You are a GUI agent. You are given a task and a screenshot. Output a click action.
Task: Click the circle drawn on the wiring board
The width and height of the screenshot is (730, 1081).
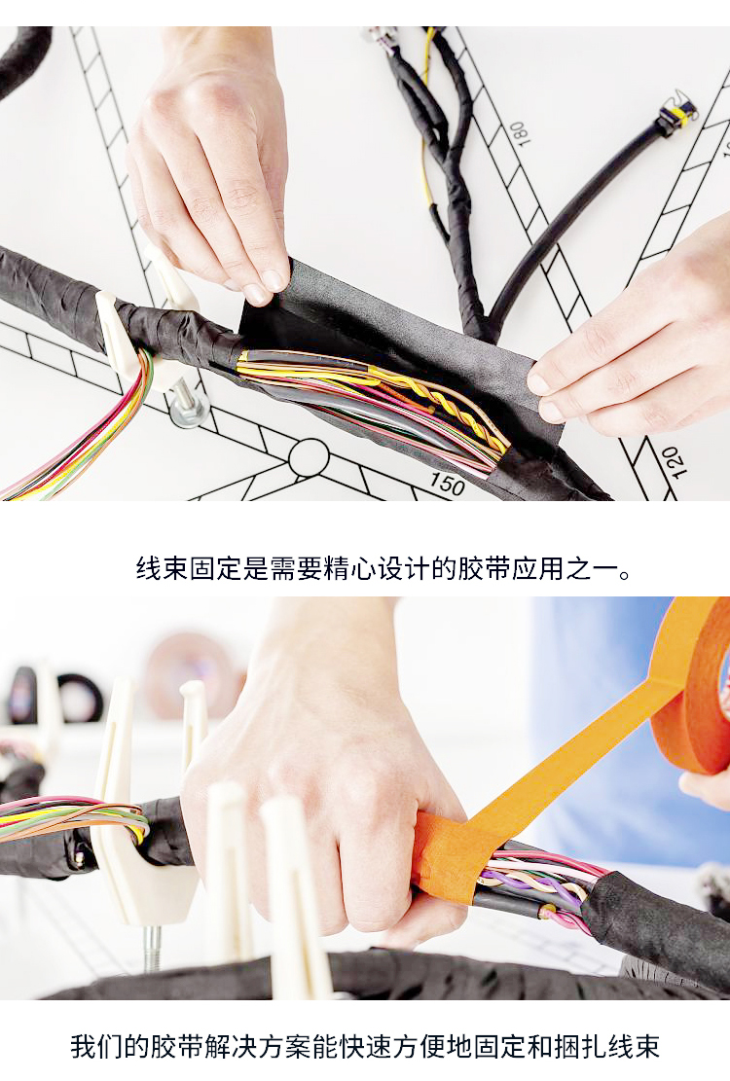[x=309, y=457]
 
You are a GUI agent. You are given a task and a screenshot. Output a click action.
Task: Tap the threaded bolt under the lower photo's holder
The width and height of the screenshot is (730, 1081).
[x=153, y=949]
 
